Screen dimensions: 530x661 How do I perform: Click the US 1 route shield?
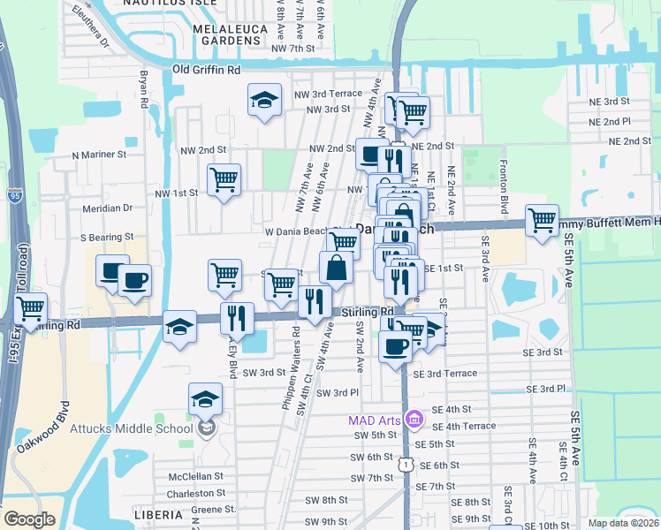point(404,463)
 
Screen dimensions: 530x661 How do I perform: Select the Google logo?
point(28,519)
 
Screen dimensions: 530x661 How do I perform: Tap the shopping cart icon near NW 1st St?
point(224,180)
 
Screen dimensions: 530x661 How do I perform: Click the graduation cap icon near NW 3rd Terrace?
point(263,101)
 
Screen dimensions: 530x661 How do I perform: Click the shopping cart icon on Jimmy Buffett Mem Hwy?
point(542,219)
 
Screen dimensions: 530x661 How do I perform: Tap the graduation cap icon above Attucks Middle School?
point(205,398)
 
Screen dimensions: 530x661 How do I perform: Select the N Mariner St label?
point(106,155)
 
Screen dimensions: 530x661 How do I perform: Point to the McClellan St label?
point(191,477)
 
